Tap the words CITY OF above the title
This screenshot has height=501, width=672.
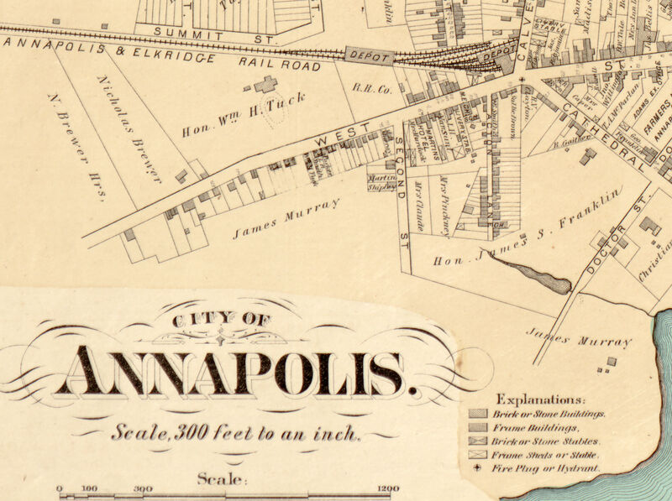[221, 320]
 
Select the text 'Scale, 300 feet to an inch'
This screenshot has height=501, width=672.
[237, 434]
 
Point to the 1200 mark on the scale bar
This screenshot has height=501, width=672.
[388, 488]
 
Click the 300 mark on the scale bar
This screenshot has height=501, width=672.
[142, 488]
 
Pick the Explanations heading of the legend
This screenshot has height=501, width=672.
[541, 399]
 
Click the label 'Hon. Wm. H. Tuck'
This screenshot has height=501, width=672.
[244, 116]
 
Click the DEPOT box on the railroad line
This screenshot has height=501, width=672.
[368, 57]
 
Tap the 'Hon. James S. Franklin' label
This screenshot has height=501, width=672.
[528, 227]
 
